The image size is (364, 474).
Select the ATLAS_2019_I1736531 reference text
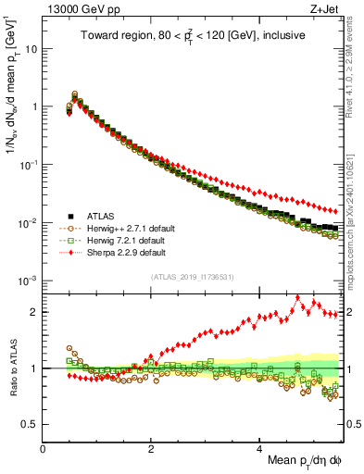(x=192, y=277)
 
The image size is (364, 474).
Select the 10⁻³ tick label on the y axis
(x=29, y=281)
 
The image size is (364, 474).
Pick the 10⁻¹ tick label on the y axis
(x=29, y=165)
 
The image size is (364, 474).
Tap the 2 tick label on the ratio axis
(x=35, y=312)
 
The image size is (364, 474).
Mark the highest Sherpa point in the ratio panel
(x=297, y=298)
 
